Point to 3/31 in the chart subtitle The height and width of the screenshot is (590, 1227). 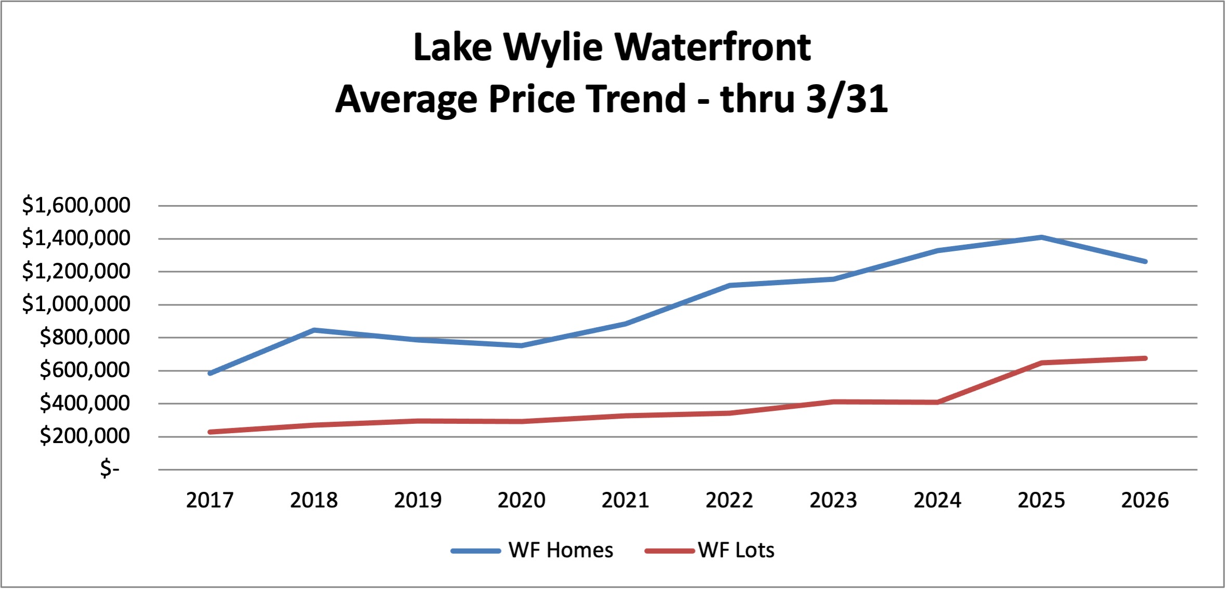coord(847,99)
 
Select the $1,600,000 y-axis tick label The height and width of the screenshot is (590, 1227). coord(76,205)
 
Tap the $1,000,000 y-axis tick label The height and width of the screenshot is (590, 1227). coord(76,304)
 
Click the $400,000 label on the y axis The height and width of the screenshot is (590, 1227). coord(85,403)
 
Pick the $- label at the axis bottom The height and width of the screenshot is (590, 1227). coord(110,468)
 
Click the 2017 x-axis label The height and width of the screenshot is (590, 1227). coord(210,500)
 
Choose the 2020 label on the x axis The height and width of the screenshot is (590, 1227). coord(521,500)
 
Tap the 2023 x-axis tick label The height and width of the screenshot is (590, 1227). coord(833,500)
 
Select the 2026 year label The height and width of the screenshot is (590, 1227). coord(1145,500)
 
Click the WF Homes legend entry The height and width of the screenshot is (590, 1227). coord(560,551)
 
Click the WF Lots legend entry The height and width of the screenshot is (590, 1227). coord(736,551)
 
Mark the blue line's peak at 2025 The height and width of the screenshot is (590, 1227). coord(1041,237)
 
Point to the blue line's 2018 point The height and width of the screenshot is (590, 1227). coord(314,330)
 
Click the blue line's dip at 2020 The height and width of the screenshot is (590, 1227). coord(521,345)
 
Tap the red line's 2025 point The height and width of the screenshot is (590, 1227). coord(1041,363)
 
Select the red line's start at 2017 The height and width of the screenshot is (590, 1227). coord(210,432)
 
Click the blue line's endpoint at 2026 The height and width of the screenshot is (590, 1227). coord(1145,261)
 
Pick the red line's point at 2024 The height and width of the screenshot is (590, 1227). coord(937,402)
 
